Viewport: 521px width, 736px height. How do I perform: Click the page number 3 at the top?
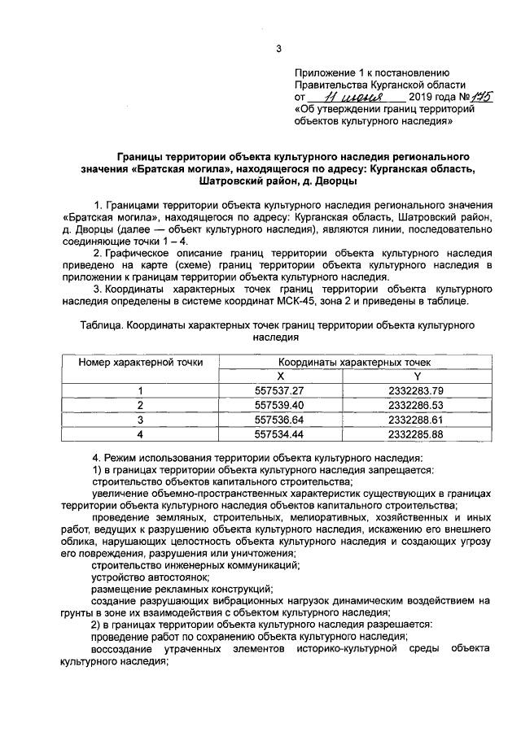[278, 49]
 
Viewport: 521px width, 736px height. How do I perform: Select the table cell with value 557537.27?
[279, 391]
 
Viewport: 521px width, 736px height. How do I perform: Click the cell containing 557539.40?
[279, 405]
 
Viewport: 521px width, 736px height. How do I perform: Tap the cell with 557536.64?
[279, 420]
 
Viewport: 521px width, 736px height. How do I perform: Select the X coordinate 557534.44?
[279, 434]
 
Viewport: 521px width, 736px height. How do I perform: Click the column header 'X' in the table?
[279, 376]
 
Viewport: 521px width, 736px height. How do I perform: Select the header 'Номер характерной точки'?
[140, 362]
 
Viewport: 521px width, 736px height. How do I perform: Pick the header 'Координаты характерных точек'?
[348, 362]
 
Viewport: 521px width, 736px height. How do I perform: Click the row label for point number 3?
[140, 420]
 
